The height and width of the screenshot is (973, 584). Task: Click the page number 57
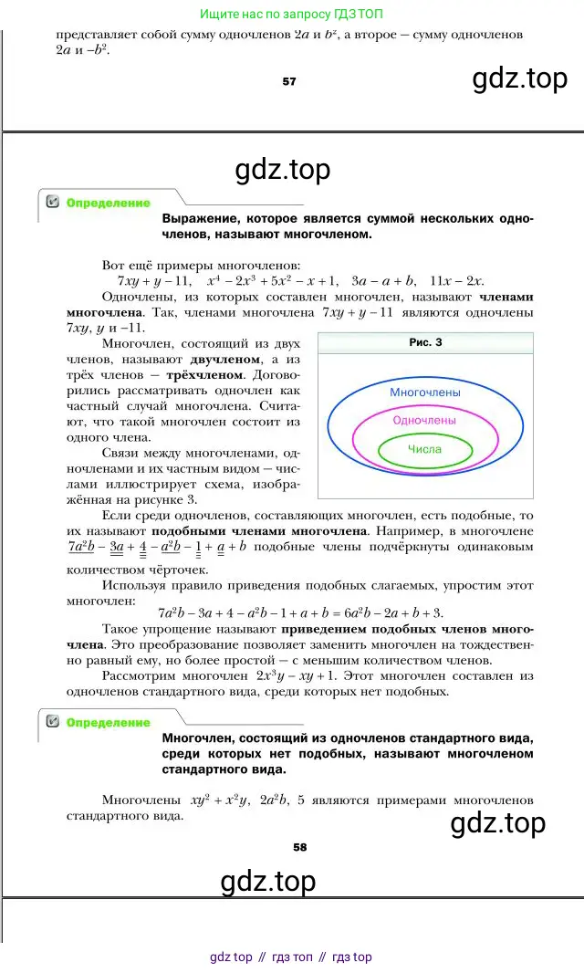[289, 81]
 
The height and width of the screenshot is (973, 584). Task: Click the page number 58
[300, 846]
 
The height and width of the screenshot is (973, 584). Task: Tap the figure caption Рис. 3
[424, 342]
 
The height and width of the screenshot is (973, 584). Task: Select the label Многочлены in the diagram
[425, 392]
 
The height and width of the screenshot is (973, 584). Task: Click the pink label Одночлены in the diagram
[424, 420]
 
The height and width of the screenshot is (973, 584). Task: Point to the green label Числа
[424, 449]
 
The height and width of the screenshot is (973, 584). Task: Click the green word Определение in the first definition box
[109, 204]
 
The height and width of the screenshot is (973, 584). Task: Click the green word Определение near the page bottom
[109, 722]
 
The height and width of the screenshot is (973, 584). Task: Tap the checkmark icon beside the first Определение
[52, 203]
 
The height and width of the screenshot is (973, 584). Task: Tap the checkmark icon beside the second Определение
[52, 722]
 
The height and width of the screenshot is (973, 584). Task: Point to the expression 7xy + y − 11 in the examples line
[153, 281]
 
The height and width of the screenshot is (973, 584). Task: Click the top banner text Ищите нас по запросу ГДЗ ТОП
[292, 14]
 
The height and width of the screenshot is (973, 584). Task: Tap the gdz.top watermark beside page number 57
[519, 79]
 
